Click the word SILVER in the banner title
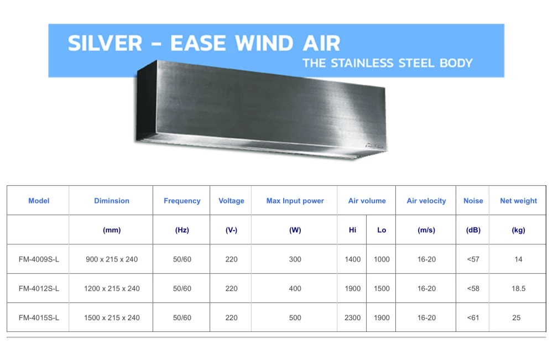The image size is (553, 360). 105,43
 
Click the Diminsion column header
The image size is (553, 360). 112,201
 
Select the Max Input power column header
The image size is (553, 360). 295,201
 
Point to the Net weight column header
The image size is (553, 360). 518,201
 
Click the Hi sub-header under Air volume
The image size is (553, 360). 352,230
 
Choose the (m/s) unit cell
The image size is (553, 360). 426,230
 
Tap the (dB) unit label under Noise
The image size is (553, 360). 473,230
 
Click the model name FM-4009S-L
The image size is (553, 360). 39,259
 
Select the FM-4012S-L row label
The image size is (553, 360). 39,289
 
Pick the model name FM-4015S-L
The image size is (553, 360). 39,317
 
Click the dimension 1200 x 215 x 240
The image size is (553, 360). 112,289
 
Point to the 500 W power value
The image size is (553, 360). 295,317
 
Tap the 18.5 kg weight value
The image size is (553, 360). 518,289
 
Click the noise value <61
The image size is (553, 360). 473,317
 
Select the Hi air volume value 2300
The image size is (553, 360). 352,317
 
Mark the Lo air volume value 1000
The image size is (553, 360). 382,259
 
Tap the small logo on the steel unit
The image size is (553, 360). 374,145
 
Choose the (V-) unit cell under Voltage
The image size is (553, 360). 231,230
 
